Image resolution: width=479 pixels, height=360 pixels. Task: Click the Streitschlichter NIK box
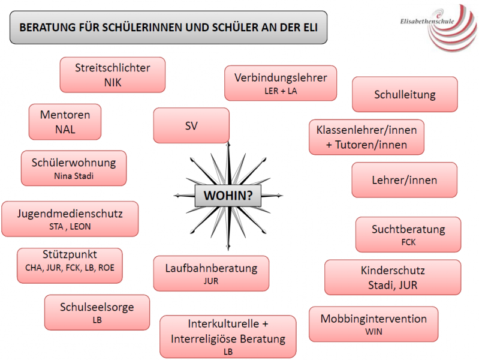[112, 75]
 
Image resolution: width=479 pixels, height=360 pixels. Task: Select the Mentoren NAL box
[65, 122]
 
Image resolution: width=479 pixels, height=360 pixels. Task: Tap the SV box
[191, 125]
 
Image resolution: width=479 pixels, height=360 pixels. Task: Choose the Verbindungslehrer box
[281, 83]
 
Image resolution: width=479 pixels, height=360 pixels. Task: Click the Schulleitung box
[405, 95]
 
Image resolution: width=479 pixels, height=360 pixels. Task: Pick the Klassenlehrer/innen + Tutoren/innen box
[366, 137]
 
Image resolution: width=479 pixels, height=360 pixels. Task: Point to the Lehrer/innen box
[404, 180]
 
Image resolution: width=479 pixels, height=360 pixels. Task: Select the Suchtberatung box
[408, 235]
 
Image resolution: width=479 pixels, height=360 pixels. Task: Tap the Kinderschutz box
[393, 277]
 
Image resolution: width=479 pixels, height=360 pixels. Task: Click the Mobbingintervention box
[373, 324]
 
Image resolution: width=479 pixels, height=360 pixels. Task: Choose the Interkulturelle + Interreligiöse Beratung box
[228, 337]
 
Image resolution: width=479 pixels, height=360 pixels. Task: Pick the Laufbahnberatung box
[211, 273]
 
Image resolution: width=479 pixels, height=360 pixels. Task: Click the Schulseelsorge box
[97, 313]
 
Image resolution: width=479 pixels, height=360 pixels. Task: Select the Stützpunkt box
[70, 265]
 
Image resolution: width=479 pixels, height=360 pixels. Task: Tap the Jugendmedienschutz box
[70, 219]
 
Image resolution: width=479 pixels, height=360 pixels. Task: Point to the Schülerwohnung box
[74, 168]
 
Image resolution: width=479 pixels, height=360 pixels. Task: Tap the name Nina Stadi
[74, 176]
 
